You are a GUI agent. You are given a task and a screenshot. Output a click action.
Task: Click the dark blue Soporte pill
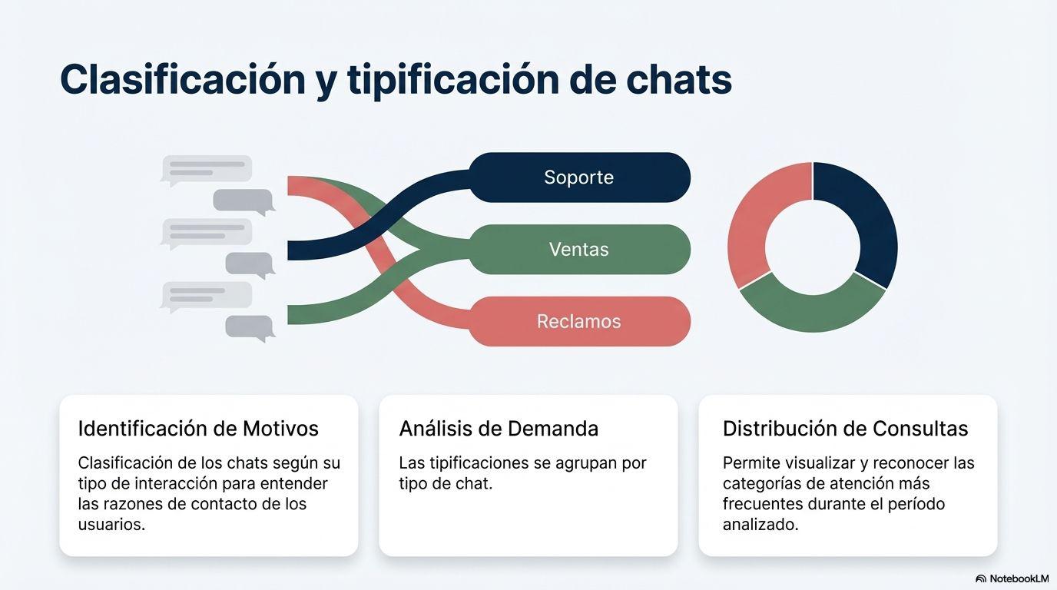pos(578,177)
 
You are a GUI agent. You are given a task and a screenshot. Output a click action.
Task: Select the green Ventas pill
pos(578,250)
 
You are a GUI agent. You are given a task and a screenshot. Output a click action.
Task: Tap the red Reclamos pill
pos(578,321)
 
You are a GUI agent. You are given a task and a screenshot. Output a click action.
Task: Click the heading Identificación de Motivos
pos(198,429)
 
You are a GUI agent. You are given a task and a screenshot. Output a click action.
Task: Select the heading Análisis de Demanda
pos(499,429)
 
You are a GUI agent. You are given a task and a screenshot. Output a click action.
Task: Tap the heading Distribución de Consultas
pos(845,429)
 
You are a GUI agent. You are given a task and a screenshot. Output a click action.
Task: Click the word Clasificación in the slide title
pos(182,79)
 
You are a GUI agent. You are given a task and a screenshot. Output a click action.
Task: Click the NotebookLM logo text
pos(1019,578)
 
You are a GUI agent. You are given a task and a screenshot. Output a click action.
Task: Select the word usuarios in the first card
pos(111,525)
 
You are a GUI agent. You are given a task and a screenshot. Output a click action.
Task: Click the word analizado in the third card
pos(760,525)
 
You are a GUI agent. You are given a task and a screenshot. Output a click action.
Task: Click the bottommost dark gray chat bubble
pos(250,326)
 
